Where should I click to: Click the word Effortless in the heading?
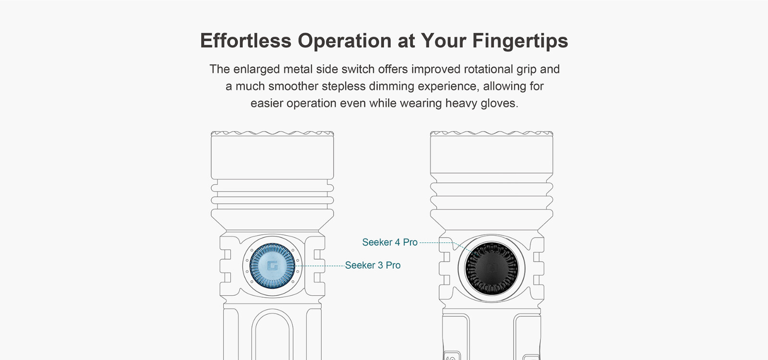pyautogui.click(x=245, y=40)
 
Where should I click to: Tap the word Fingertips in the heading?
pyautogui.click(x=520, y=41)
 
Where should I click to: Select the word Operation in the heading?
pyautogui.click(x=345, y=41)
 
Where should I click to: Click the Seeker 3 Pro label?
pyautogui.click(x=372, y=265)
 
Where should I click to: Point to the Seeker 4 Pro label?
pyautogui.click(x=390, y=242)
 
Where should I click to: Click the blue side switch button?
pyautogui.click(x=272, y=266)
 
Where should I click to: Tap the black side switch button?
pyautogui.click(x=492, y=268)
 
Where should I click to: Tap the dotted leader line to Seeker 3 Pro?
pyautogui.click(x=320, y=266)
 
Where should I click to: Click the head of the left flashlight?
pyautogui.click(x=272, y=155)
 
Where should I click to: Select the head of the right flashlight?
pyautogui.click(x=492, y=152)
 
